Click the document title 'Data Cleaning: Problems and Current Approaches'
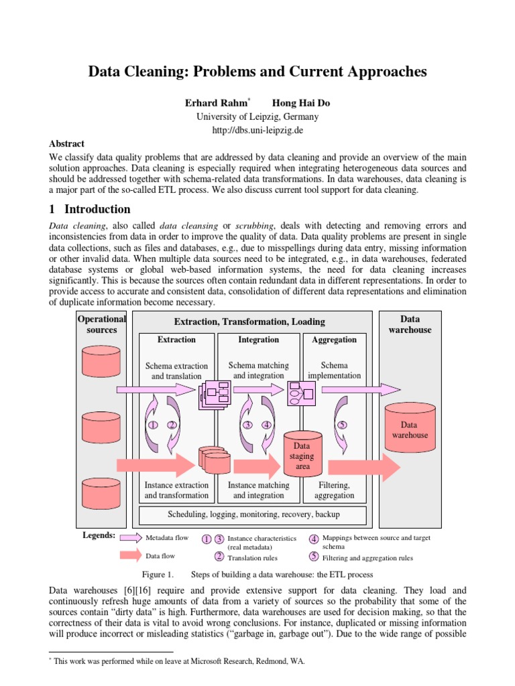click(x=257, y=72)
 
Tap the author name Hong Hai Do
click(x=300, y=103)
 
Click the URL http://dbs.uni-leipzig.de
click(x=257, y=130)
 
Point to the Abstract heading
click(x=67, y=143)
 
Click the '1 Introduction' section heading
click(x=90, y=209)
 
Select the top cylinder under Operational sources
click(x=101, y=362)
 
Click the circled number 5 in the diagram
click(x=342, y=425)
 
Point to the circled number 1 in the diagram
click(x=153, y=425)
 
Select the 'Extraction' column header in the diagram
click(x=176, y=340)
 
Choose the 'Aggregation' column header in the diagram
click(x=334, y=340)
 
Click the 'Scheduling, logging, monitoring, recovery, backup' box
click(x=253, y=514)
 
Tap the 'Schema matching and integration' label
click(x=258, y=370)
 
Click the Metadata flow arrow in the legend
click(x=139, y=537)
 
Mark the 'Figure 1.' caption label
click(x=158, y=575)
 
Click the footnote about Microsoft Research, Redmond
click(x=178, y=661)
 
